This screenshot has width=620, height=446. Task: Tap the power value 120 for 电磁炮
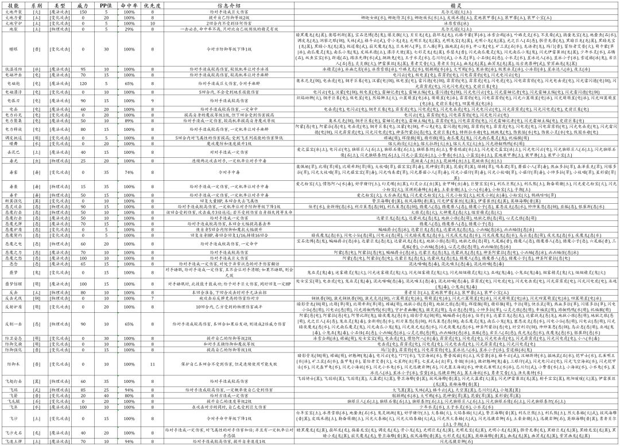pos(83,84)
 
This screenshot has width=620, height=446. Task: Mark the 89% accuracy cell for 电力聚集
pos(129,121)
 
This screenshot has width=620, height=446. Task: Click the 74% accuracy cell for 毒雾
pos(129,172)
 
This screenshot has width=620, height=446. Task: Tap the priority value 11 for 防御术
pos(152,364)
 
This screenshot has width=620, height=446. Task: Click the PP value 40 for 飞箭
pos(106,395)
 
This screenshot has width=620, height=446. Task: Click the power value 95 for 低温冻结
pos(83,69)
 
